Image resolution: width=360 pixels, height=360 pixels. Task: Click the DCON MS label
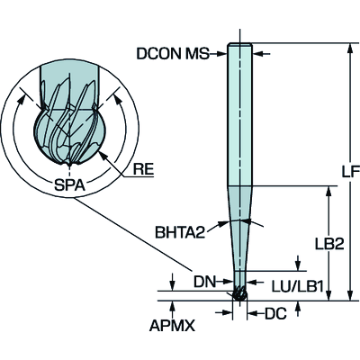(x=173, y=54)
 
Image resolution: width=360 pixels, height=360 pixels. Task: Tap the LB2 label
(x=329, y=245)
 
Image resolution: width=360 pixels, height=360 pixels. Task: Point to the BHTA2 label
(x=180, y=232)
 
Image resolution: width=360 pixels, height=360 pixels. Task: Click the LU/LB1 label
(x=297, y=287)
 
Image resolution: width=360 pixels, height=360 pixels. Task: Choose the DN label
(x=205, y=282)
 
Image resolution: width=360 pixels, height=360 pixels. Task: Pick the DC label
(x=275, y=314)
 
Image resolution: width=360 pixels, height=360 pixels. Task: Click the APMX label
(x=172, y=326)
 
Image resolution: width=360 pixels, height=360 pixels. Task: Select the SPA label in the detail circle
(x=69, y=185)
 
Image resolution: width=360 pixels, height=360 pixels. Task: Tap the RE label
(x=143, y=170)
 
